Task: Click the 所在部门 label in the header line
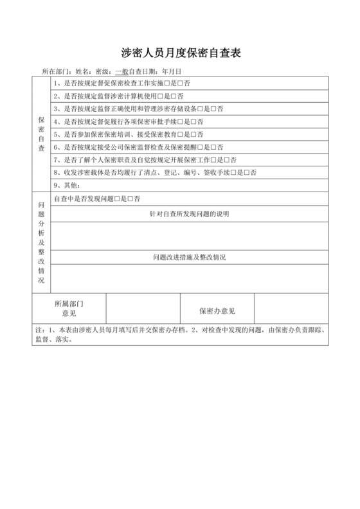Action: coord(54,71)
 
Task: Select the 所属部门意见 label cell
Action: coord(69,308)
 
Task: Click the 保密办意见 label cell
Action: coord(217,311)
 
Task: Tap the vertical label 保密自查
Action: coord(41,134)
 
